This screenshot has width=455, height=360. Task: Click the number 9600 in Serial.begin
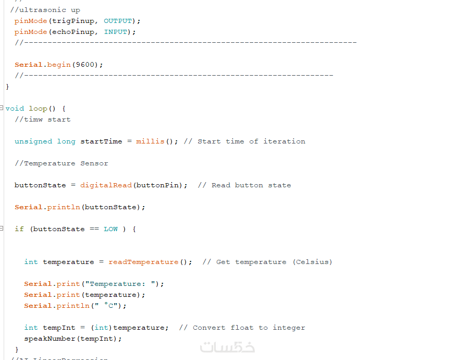(86, 65)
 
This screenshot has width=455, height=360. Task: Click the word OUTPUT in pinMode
(118, 21)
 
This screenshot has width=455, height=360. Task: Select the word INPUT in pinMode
(115, 32)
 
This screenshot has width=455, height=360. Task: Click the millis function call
(150, 141)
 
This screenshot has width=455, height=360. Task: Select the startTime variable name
(101, 141)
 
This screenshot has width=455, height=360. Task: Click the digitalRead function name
(106, 185)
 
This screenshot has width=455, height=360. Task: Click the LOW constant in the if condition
(110, 229)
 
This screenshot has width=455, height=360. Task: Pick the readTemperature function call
(143, 262)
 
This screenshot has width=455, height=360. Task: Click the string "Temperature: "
(122, 284)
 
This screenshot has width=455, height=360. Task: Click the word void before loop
(15, 109)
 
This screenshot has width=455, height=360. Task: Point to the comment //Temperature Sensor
(62, 163)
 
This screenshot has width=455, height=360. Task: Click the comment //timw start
(43, 119)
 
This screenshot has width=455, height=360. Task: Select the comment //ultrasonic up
(45, 10)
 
